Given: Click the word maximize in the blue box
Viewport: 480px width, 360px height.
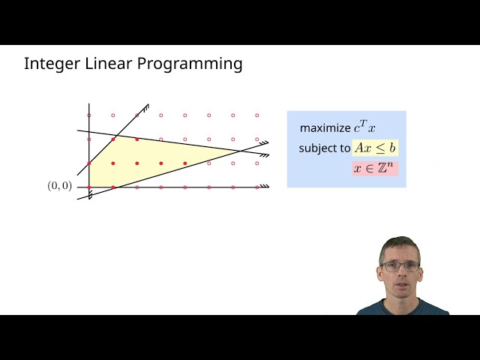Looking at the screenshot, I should pos(325,128).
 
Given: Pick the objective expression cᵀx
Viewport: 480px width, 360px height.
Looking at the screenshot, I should pos(364,127).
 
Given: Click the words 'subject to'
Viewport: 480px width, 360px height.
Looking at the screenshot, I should pos(324,148).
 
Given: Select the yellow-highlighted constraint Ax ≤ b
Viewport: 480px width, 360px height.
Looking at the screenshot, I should pos(375,148).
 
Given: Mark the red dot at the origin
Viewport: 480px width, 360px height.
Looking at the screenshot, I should pos(89,187).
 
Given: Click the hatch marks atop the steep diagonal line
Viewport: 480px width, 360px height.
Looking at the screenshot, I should pos(144,108).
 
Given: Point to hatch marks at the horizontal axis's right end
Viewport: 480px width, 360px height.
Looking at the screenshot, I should pos(264,186).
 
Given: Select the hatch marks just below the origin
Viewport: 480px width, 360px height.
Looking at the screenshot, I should pos(90,196).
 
